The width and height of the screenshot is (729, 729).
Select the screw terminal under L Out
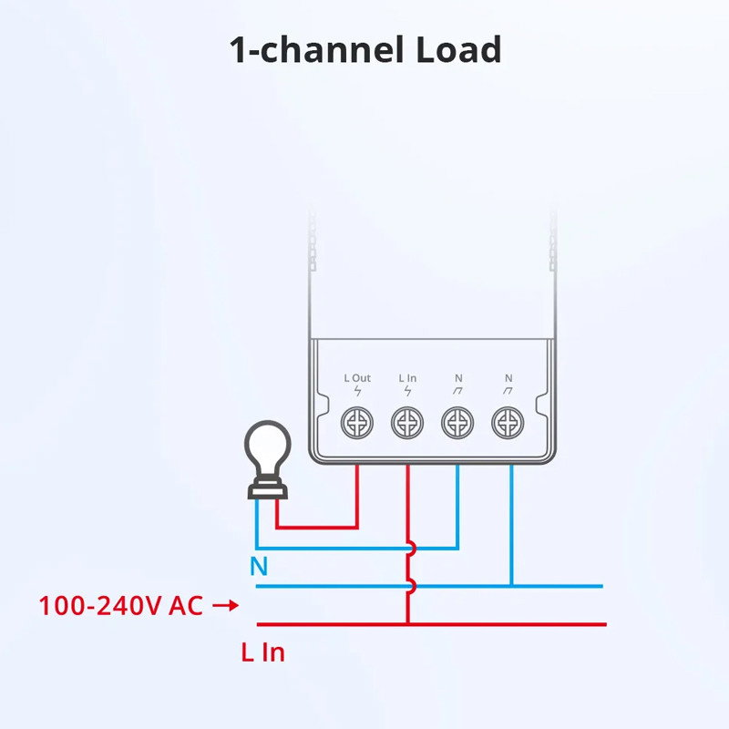[x=357, y=423]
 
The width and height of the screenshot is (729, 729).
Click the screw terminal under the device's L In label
[x=407, y=423]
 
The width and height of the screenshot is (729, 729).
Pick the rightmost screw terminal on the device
[x=508, y=423]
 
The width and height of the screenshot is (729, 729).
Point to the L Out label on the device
[x=357, y=377]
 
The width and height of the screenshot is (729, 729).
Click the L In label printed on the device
[x=407, y=377]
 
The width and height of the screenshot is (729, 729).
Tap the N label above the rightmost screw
[x=508, y=377]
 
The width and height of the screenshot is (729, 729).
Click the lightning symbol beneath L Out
[x=357, y=392]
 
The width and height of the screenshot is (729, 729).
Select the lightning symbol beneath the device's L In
[x=407, y=392]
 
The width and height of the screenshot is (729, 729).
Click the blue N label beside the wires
[x=259, y=567]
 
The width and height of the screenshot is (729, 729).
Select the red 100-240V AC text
[x=121, y=605]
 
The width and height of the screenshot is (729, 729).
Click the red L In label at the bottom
[x=262, y=652]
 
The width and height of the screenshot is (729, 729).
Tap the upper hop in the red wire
[x=411, y=549]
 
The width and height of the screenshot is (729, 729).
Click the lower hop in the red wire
[x=411, y=586]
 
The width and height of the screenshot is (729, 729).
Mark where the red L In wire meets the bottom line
[x=407, y=624]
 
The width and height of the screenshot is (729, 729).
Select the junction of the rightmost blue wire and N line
[x=512, y=586]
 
